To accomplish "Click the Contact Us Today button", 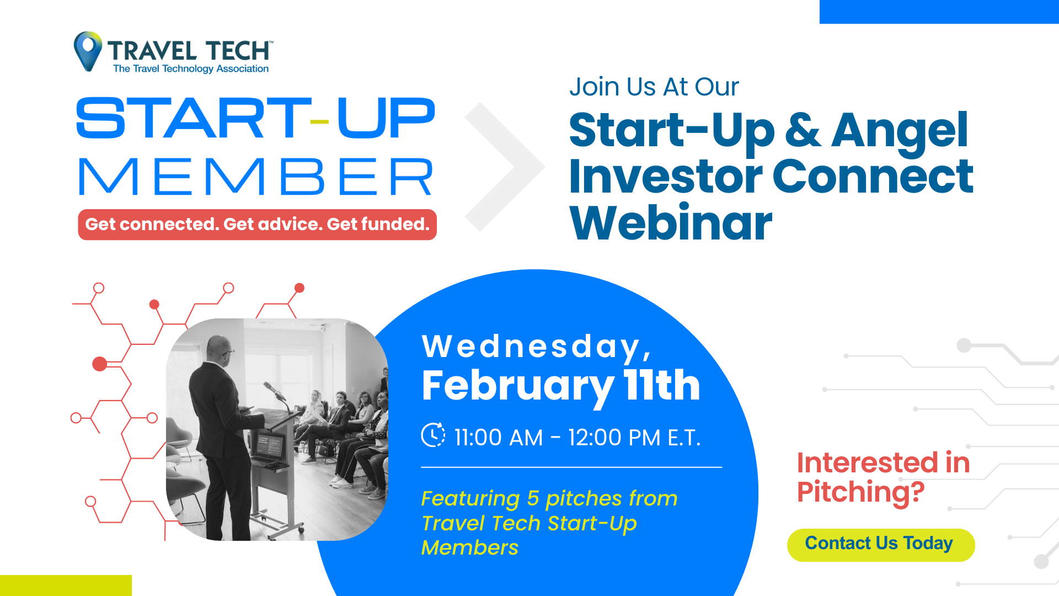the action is coord(881,545).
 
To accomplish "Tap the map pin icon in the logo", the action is coord(88,51).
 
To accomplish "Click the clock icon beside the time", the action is coord(433,435).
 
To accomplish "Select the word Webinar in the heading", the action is coord(671,222).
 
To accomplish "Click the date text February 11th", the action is coord(561,386).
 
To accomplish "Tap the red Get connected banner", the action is coord(257,225).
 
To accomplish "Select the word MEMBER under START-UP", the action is coord(255,177).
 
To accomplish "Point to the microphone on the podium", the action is coord(274,391).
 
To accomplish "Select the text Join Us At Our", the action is coord(654,87).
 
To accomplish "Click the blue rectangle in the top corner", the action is coord(939,12).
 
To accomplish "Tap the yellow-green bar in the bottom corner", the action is coord(66,586).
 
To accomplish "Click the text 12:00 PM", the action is coord(614,438).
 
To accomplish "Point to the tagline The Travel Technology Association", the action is coord(191,69).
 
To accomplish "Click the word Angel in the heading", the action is coord(900,131).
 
